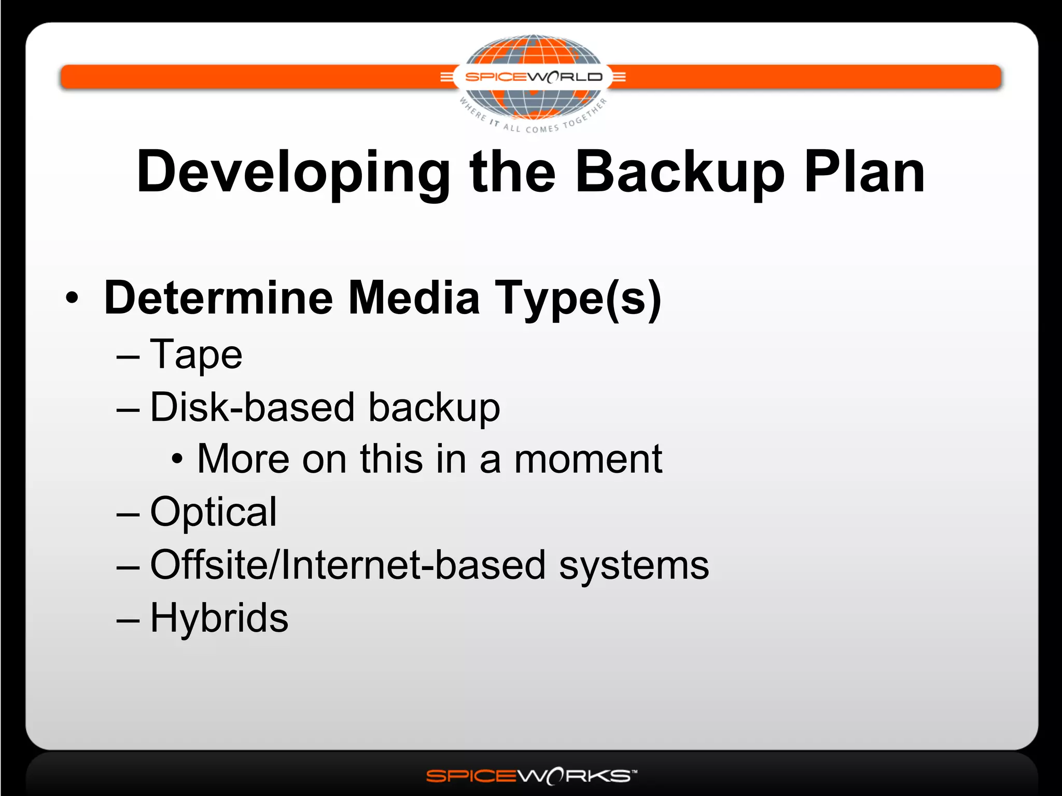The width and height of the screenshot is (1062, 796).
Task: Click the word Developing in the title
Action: click(293, 173)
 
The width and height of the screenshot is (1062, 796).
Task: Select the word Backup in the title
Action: click(680, 173)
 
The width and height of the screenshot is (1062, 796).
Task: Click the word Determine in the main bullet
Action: click(218, 298)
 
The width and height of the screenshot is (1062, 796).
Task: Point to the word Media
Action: click(414, 298)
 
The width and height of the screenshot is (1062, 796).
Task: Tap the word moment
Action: click(588, 459)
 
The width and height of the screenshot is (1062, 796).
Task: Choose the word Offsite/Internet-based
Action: click(347, 565)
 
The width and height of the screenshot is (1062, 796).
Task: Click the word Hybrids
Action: click(219, 618)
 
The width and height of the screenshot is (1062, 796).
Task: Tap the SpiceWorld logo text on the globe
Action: click(533, 77)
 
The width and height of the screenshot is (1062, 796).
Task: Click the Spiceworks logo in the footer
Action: click(531, 776)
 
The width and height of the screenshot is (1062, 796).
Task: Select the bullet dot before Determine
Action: click(72, 298)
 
